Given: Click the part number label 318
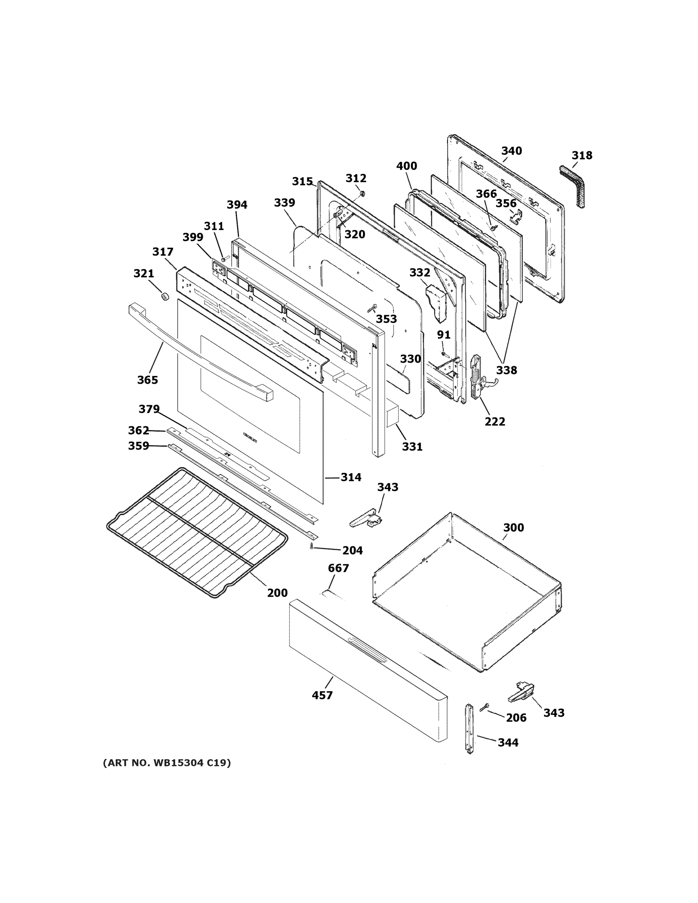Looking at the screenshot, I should (582, 155).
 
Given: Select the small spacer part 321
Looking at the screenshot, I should (164, 296).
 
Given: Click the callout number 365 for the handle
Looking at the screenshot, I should (148, 380).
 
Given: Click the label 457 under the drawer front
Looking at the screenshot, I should (322, 695).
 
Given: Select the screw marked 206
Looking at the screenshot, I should (484, 707).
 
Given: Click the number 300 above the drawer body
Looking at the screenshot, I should (514, 528).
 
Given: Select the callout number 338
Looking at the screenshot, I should (506, 371).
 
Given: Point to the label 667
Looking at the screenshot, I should (338, 568).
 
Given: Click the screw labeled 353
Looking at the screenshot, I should (371, 309).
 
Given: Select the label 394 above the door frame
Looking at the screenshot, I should (237, 205).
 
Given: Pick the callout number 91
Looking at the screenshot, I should (444, 334).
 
